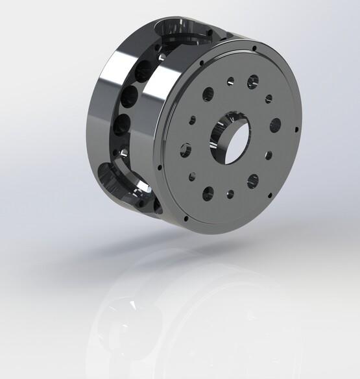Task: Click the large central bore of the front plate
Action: [232, 137]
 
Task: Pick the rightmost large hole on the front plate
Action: [274, 123]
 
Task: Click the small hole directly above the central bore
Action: [230, 82]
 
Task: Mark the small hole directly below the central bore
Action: [229, 193]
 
